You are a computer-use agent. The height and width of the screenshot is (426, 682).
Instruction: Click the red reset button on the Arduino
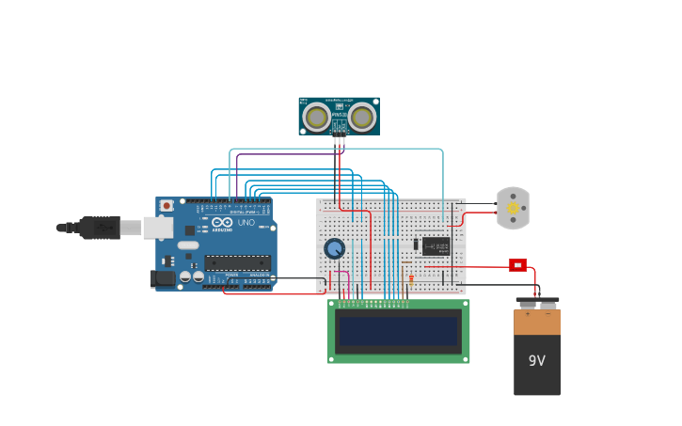(x=167, y=205)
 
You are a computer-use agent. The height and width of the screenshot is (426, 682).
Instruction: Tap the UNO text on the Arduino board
(x=246, y=223)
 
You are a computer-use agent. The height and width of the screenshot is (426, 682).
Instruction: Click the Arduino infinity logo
(x=222, y=223)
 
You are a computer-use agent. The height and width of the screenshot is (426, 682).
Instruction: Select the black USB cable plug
(x=99, y=228)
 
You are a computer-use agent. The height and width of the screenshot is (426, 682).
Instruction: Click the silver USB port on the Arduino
(x=157, y=228)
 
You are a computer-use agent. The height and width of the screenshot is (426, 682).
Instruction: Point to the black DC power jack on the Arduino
(x=163, y=278)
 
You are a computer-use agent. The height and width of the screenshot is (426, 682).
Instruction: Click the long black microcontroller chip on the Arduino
(x=237, y=263)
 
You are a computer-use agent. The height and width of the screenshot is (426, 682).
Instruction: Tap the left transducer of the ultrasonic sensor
(x=316, y=118)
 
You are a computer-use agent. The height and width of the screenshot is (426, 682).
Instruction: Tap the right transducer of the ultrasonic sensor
(x=362, y=118)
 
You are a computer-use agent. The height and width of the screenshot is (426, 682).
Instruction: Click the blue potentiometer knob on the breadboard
(x=334, y=248)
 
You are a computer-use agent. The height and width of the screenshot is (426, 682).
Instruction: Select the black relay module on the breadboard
(x=436, y=246)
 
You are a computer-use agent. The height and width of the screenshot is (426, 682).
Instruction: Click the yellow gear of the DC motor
(x=513, y=208)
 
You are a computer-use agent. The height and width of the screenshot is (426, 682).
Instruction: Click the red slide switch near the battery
(x=517, y=265)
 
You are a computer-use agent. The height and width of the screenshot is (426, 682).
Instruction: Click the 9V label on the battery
(x=536, y=361)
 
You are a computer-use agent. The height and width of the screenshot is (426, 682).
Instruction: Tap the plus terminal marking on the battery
(x=527, y=313)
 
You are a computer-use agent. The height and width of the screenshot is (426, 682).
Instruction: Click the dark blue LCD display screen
(x=398, y=331)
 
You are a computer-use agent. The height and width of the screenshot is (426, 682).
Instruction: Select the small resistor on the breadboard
(x=411, y=278)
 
